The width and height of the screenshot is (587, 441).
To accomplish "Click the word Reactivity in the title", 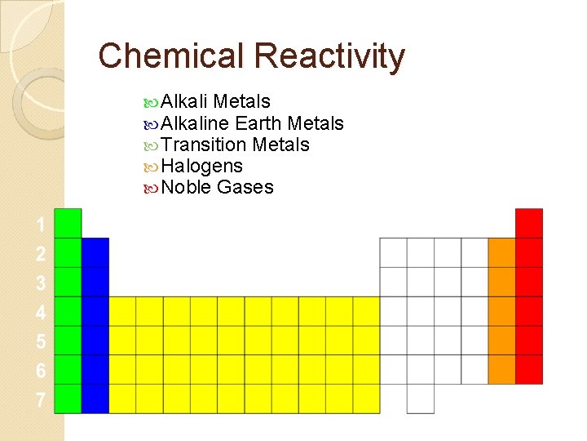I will coord(329,56).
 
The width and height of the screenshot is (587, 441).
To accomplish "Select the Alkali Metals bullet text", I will coord(215,102).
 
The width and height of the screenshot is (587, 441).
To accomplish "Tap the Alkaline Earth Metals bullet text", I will coord(252,123).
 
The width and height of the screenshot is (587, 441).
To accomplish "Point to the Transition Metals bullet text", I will coord(235,145).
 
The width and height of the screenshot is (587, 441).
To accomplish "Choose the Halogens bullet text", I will coord(201,166).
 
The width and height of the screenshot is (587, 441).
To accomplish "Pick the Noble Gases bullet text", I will coord(217,187).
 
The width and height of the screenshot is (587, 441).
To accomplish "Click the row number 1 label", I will coord(40,225).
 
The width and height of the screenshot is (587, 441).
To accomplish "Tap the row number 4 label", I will coord(40,312).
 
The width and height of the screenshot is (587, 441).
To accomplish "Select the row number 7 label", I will coord(40,400).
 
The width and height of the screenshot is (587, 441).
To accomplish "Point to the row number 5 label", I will coord(40,341).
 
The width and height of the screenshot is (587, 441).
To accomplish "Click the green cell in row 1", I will coord(68,223).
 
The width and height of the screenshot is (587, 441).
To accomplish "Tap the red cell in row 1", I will coord(529,223).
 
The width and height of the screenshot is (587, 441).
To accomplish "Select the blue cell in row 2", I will coord(95,252).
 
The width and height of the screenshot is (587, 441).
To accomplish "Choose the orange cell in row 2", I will coord(502,252).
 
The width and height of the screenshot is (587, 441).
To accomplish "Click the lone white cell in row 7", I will coord(421,399).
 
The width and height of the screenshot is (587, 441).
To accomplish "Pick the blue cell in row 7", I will coord(95,399).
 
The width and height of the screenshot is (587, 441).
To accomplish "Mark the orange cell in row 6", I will coord(502,369).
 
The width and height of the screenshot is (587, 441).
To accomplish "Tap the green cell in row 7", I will coord(68,399).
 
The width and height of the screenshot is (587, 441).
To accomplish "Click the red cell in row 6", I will coord(529,369).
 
